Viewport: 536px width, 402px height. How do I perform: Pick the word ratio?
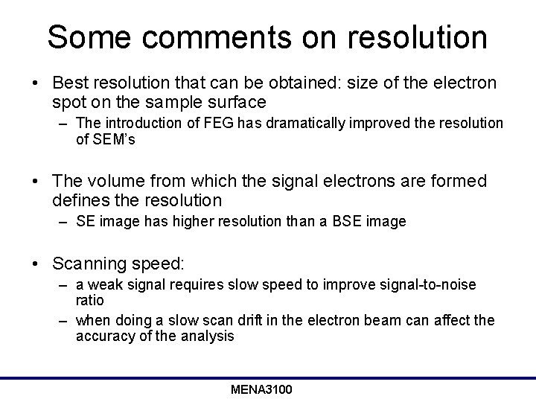(x=89, y=300)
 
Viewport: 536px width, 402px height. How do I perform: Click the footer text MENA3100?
(x=261, y=389)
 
